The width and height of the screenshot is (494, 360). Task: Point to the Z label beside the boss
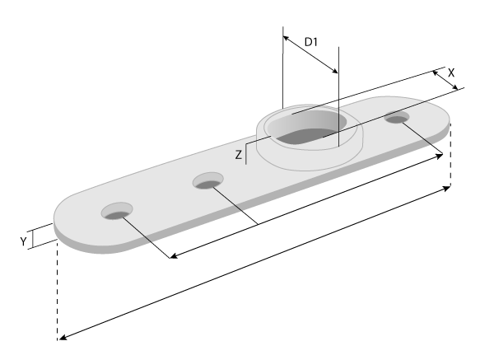click(x=238, y=154)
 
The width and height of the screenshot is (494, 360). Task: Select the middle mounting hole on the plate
click(x=207, y=180)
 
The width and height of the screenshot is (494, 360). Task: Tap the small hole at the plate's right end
click(x=397, y=119)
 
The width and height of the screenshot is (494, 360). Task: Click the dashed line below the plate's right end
click(x=450, y=161)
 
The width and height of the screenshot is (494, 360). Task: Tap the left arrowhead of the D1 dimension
click(x=285, y=37)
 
